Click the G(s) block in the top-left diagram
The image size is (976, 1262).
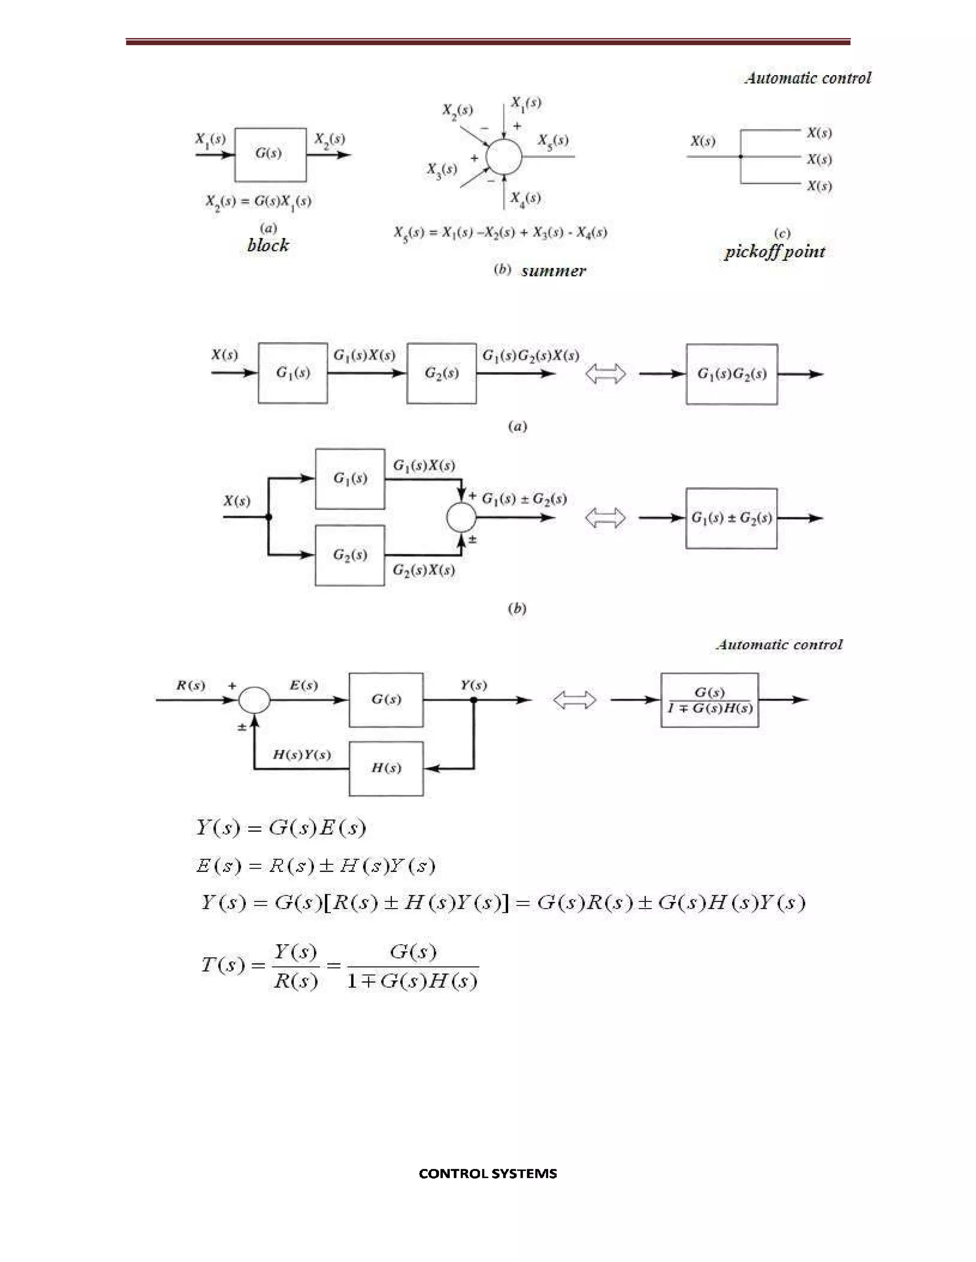pos(270,154)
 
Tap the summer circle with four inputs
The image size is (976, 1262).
pos(504,156)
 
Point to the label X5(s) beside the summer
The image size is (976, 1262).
pos(553,140)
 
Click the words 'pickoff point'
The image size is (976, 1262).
pos(774,252)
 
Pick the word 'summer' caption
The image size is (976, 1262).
pos(553,270)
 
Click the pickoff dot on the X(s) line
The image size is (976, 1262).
pos(741,157)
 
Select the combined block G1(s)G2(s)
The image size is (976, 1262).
pos(732,374)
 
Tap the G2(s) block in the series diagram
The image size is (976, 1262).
pos(441,373)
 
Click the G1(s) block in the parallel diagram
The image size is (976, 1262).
pos(350,479)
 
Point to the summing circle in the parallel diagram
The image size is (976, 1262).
pos(461,518)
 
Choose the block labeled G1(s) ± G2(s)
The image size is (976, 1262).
pos(731,518)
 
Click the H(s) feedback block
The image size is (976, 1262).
pos(386,769)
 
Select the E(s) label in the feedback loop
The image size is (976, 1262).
pos(303,685)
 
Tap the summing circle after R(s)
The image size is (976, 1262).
pos(254,700)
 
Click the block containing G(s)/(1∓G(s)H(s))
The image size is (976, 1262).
pos(710,700)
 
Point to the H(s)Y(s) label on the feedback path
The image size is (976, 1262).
pos(301,755)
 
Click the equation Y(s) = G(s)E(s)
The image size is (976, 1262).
pos(280,828)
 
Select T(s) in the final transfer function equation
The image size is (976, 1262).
pos(223,964)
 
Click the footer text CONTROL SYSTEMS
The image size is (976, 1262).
pos(488,1173)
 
